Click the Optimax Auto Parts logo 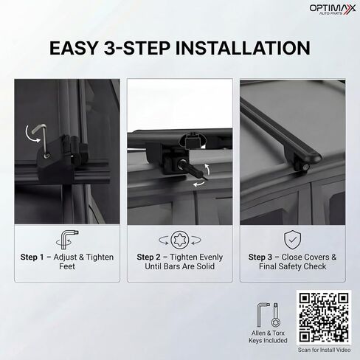click(333, 9)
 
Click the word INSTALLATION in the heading click(243, 48)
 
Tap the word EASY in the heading click(74, 48)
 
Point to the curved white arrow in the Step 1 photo click(29, 135)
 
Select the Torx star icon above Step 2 click(180, 240)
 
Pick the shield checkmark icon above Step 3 click(292, 240)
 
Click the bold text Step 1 click(32, 257)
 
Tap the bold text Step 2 click(148, 257)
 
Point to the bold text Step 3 click(260, 257)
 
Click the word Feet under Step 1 click(67, 266)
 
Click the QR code click(323, 317)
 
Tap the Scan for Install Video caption click(324, 350)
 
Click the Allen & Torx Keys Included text click(268, 337)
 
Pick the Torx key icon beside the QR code click(275, 316)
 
